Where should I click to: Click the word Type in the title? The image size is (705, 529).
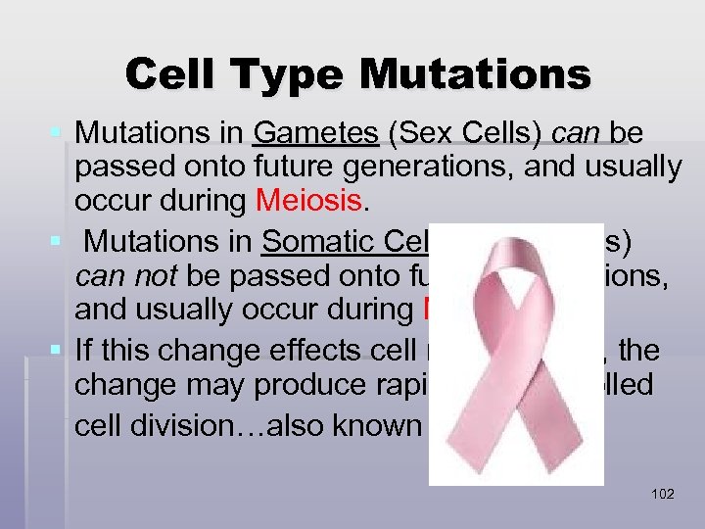(295, 74)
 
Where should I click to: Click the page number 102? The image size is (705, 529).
(662, 494)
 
